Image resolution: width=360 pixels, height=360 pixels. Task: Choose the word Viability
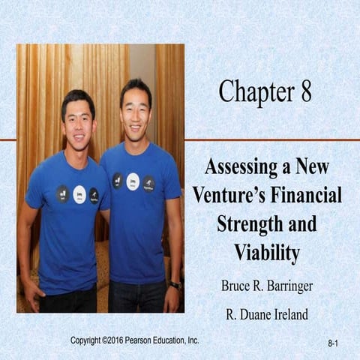[x=268, y=253]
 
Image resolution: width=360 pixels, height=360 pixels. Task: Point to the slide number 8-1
[x=334, y=343]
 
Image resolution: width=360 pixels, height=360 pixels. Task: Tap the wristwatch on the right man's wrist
[x=175, y=284]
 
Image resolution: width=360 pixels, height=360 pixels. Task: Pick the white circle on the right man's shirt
[x=133, y=181]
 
